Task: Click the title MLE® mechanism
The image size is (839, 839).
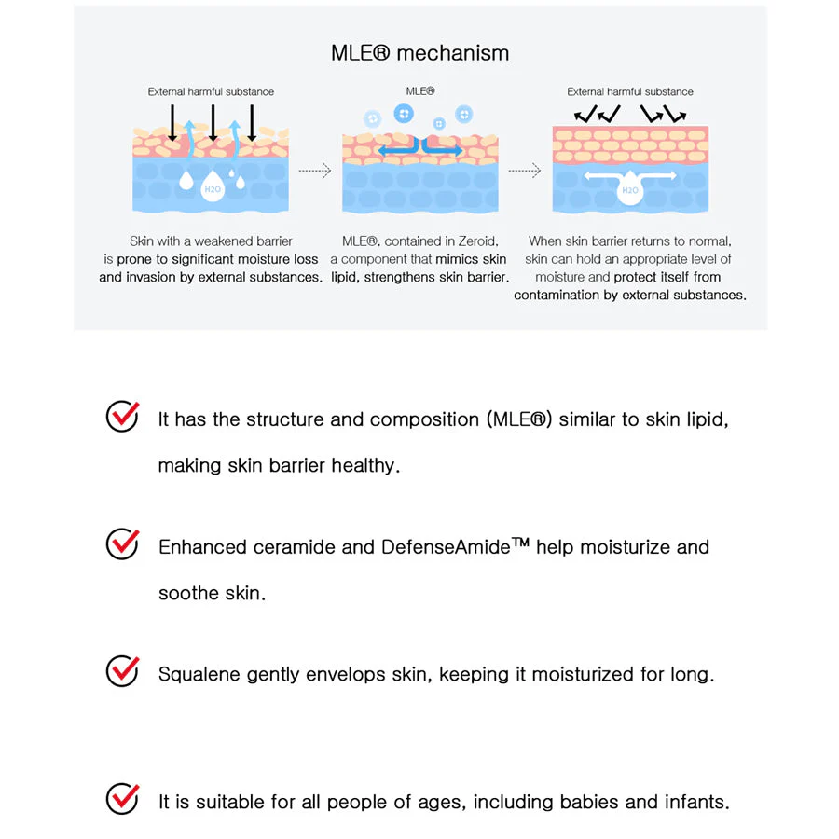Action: pos(420,53)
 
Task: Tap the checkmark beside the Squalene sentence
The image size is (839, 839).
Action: pos(122,671)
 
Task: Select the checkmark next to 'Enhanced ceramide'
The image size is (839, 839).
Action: pos(122,543)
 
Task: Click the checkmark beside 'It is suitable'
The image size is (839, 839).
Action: pos(122,798)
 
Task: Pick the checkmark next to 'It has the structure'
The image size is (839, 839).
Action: pos(122,417)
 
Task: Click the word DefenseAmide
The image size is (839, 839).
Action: pos(446,547)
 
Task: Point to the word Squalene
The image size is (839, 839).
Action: pos(199,674)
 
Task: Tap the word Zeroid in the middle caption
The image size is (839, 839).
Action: pos(477,241)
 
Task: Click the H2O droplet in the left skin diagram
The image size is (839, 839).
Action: pos(212,186)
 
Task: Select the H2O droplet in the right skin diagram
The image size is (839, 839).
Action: pos(630,189)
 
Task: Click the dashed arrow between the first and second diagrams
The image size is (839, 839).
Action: pos(315,171)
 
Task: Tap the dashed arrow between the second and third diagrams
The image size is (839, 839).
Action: pos(524,171)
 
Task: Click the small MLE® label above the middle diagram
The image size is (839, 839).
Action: pos(420,91)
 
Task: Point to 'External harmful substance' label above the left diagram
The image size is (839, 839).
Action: pos(211,92)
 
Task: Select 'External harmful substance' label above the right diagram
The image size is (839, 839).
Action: pos(630,92)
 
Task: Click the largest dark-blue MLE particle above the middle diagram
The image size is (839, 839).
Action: pos(404,114)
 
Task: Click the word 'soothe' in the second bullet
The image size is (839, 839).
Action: pos(189,593)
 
